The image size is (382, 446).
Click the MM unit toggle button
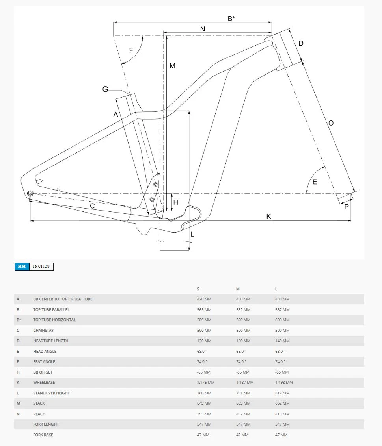pyautogui.click(x=22, y=266)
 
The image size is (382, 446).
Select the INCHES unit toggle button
pyautogui.click(x=41, y=266)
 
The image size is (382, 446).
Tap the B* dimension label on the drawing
pyautogui.click(x=231, y=18)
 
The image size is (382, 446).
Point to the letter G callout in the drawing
pyautogui.click(x=105, y=89)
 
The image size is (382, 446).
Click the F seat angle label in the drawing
pyautogui.click(x=131, y=50)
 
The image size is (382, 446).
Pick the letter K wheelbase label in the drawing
pyautogui.click(x=269, y=217)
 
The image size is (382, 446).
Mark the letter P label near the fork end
pyautogui.click(x=347, y=207)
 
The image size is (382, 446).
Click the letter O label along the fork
pyautogui.click(x=331, y=123)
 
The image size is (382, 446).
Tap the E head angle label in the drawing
pyautogui.click(x=315, y=182)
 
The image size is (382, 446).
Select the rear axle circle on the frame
pyautogui.click(x=30, y=193)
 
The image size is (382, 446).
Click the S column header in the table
pyautogui.click(x=198, y=289)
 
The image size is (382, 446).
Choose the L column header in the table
pyautogui.click(x=276, y=289)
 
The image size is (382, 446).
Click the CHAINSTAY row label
pyautogui.click(x=43, y=330)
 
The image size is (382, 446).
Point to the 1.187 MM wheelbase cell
pyautogui.click(x=244, y=383)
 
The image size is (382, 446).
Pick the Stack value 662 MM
pyautogui.click(x=282, y=403)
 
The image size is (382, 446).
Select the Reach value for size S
pyautogui.click(x=204, y=414)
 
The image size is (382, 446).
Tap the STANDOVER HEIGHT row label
pyautogui.click(x=51, y=393)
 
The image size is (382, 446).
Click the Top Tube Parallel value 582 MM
pyautogui.click(x=243, y=310)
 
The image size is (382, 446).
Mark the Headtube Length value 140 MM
pyautogui.click(x=282, y=341)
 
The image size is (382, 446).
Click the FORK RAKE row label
pyautogui.click(x=43, y=435)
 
